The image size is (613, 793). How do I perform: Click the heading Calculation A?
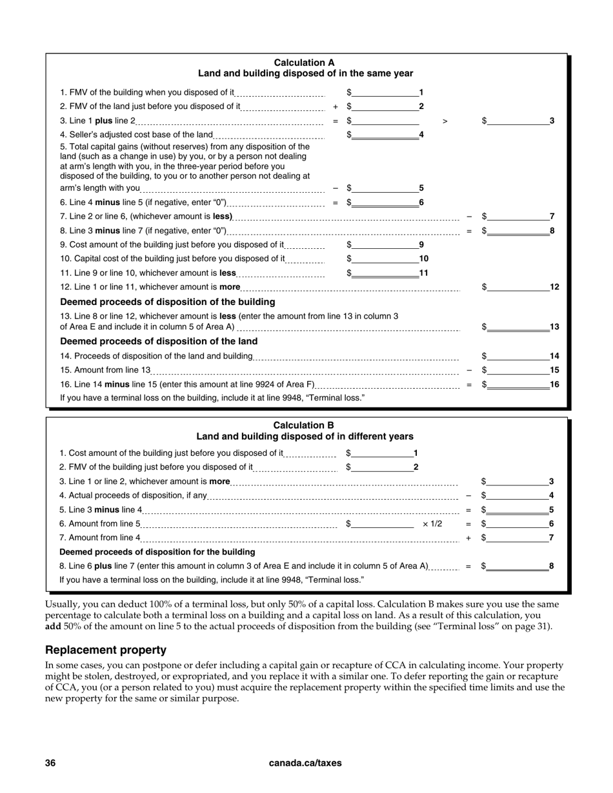pos(305,63)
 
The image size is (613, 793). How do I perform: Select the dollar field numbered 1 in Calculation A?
pos(385,93)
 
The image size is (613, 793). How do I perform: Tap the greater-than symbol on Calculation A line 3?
pos(445,121)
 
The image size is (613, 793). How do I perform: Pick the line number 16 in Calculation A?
pos(554,385)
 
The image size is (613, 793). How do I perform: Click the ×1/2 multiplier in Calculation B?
pos(432,524)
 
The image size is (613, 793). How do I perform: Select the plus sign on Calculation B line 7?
pos(468,538)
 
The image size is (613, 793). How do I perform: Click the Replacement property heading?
pos(106,650)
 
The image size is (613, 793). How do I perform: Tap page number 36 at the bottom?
pos(50,763)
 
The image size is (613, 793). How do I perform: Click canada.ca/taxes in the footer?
pos(305,763)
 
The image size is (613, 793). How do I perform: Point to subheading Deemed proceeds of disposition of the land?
pos(159,342)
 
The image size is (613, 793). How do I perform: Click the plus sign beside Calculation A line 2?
pos(335,107)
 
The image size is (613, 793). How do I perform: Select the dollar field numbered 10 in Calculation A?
pos(385,259)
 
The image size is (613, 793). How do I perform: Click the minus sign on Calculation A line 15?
pos(469,371)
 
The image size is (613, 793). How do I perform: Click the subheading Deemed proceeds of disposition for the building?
pos(157,552)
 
